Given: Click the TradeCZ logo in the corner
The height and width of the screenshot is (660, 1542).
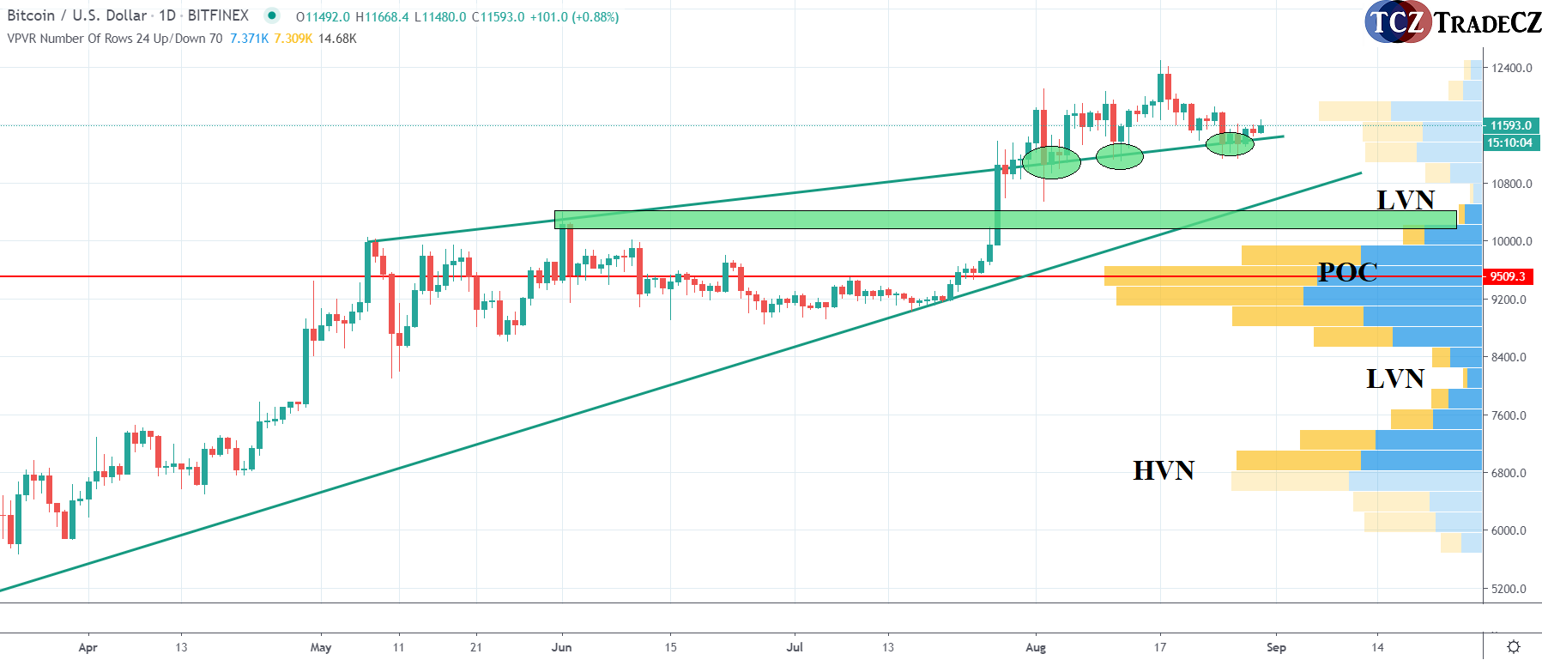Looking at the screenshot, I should pyautogui.click(x=1452, y=21).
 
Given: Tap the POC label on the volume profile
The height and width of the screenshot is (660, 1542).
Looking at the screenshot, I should pyautogui.click(x=1347, y=272).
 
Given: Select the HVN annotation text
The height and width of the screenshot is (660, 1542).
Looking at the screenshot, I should pyautogui.click(x=1164, y=470).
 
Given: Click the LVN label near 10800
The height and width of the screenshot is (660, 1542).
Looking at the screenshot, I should pyautogui.click(x=1405, y=200).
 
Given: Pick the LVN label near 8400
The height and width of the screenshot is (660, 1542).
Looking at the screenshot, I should pyautogui.click(x=1394, y=378).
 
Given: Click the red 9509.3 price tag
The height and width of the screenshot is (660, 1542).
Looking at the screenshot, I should pyautogui.click(x=1508, y=276).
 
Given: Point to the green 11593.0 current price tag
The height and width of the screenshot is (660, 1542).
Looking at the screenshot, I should pyautogui.click(x=1510, y=125).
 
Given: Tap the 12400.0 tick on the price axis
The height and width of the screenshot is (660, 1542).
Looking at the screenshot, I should pyautogui.click(x=1511, y=68).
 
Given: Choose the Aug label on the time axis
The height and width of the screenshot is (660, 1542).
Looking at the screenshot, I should pyautogui.click(x=1036, y=647).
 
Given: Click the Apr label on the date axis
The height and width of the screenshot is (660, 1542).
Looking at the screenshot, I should pyautogui.click(x=88, y=647).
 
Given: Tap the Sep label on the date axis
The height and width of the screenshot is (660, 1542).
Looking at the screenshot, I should pyautogui.click(x=1276, y=647).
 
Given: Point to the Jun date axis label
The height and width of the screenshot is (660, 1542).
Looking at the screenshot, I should pyautogui.click(x=561, y=647).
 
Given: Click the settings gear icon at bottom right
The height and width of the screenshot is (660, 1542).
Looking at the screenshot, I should pyautogui.click(x=1514, y=646).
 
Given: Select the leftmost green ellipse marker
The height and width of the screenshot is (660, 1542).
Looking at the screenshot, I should pyautogui.click(x=1051, y=162).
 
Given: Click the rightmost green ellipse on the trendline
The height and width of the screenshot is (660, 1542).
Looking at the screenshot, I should pyautogui.click(x=1230, y=144).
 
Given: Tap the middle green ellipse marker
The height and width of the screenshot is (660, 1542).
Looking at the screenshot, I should pyautogui.click(x=1120, y=156).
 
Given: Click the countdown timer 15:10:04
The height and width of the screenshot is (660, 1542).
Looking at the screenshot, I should pyautogui.click(x=1509, y=142).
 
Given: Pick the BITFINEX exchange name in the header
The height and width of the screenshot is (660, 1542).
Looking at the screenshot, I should pyautogui.click(x=218, y=15).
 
